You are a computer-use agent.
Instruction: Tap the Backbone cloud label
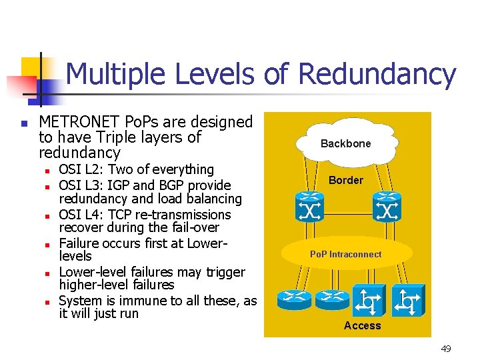click(x=345, y=143)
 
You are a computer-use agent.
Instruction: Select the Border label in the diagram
click(x=346, y=180)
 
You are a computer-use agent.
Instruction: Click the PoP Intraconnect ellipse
click(x=345, y=254)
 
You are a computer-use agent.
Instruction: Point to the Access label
click(x=362, y=325)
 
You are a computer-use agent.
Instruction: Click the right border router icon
click(x=387, y=207)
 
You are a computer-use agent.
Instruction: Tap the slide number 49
click(x=446, y=349)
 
